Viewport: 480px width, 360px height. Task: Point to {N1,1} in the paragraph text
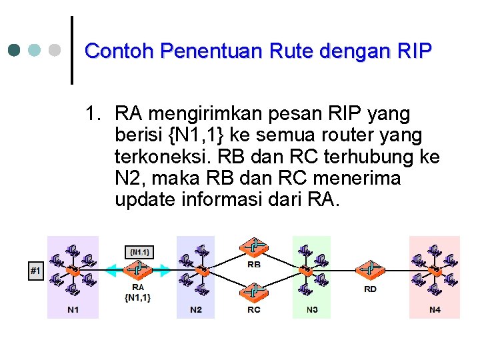click(197, 135)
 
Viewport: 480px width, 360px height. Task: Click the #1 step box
click(35, 270)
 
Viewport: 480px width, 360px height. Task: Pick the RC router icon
click(254, 291)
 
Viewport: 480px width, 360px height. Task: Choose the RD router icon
click(370, 270)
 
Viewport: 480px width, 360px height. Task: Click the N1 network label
click(73, 310)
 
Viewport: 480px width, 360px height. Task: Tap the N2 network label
click(196, 310)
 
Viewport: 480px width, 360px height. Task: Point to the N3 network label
click(312, 310)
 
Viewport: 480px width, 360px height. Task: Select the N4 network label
click(434, 310)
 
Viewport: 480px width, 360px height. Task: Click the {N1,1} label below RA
click(138, 298)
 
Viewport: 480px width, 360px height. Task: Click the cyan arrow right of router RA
click(165, 270)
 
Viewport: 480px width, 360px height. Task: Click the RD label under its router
click(370, 289)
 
